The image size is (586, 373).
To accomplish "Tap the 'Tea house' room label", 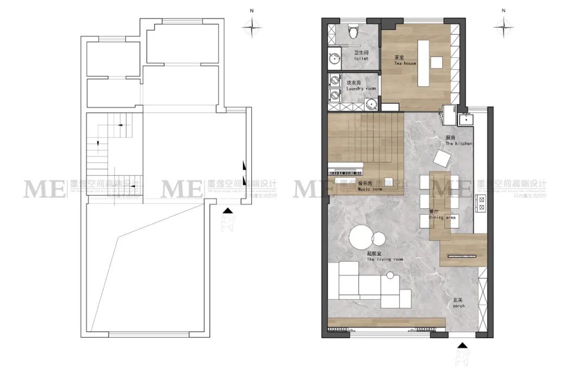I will (x=405, y=60).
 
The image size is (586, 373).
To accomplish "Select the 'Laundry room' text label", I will (x=361, y=85).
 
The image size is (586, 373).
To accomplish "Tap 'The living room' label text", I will (x=385, y=257).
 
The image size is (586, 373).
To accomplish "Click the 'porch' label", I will (x=458, y=302).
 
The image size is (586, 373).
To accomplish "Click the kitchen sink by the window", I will (x=464, y=119).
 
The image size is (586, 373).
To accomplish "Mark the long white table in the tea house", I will (x=423, y=63).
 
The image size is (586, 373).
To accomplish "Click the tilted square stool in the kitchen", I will (x=443, y=158).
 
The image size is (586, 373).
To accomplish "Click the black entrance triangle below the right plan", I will (x=462, y=345).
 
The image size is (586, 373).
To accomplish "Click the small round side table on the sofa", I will (x=389, y=276).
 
